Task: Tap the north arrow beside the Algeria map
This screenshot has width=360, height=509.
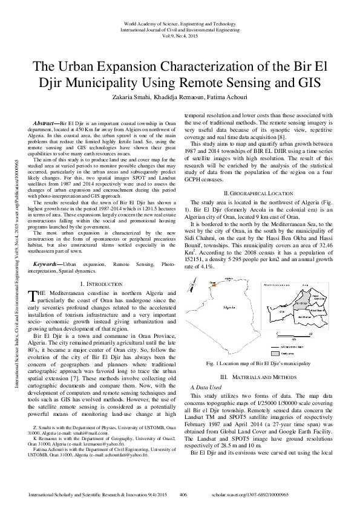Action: [246, 282]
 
